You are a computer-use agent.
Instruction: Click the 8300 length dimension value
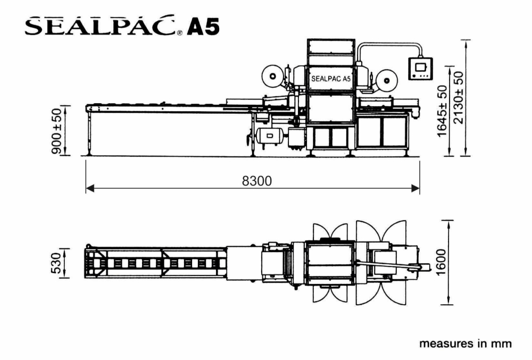click(257, 181)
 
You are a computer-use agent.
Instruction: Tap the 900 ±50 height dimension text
click(57, 131)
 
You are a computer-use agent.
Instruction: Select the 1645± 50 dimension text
click(442, 111)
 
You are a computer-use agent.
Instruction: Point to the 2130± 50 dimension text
click(458, 98)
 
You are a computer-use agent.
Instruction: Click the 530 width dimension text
click(56, 263)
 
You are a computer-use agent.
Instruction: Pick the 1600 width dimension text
click(440, 263)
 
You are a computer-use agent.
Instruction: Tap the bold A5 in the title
click(203, 27)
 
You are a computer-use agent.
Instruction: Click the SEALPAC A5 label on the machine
click(331, 79)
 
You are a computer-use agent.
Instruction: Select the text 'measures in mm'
click(465, 344)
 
